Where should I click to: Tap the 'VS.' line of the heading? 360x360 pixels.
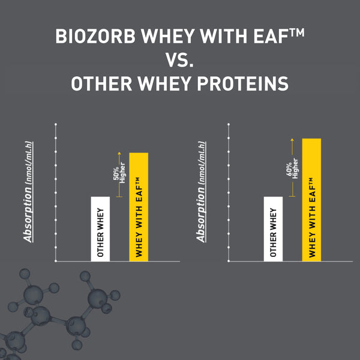click(x=179, y=61)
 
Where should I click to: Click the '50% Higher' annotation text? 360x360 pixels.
click(x=119, y=172)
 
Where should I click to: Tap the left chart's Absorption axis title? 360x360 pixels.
click(x=29, y=191)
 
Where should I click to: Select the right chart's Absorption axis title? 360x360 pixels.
click(x=202, y=191)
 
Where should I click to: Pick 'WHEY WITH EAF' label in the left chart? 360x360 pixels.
click(x=139, y=219)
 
